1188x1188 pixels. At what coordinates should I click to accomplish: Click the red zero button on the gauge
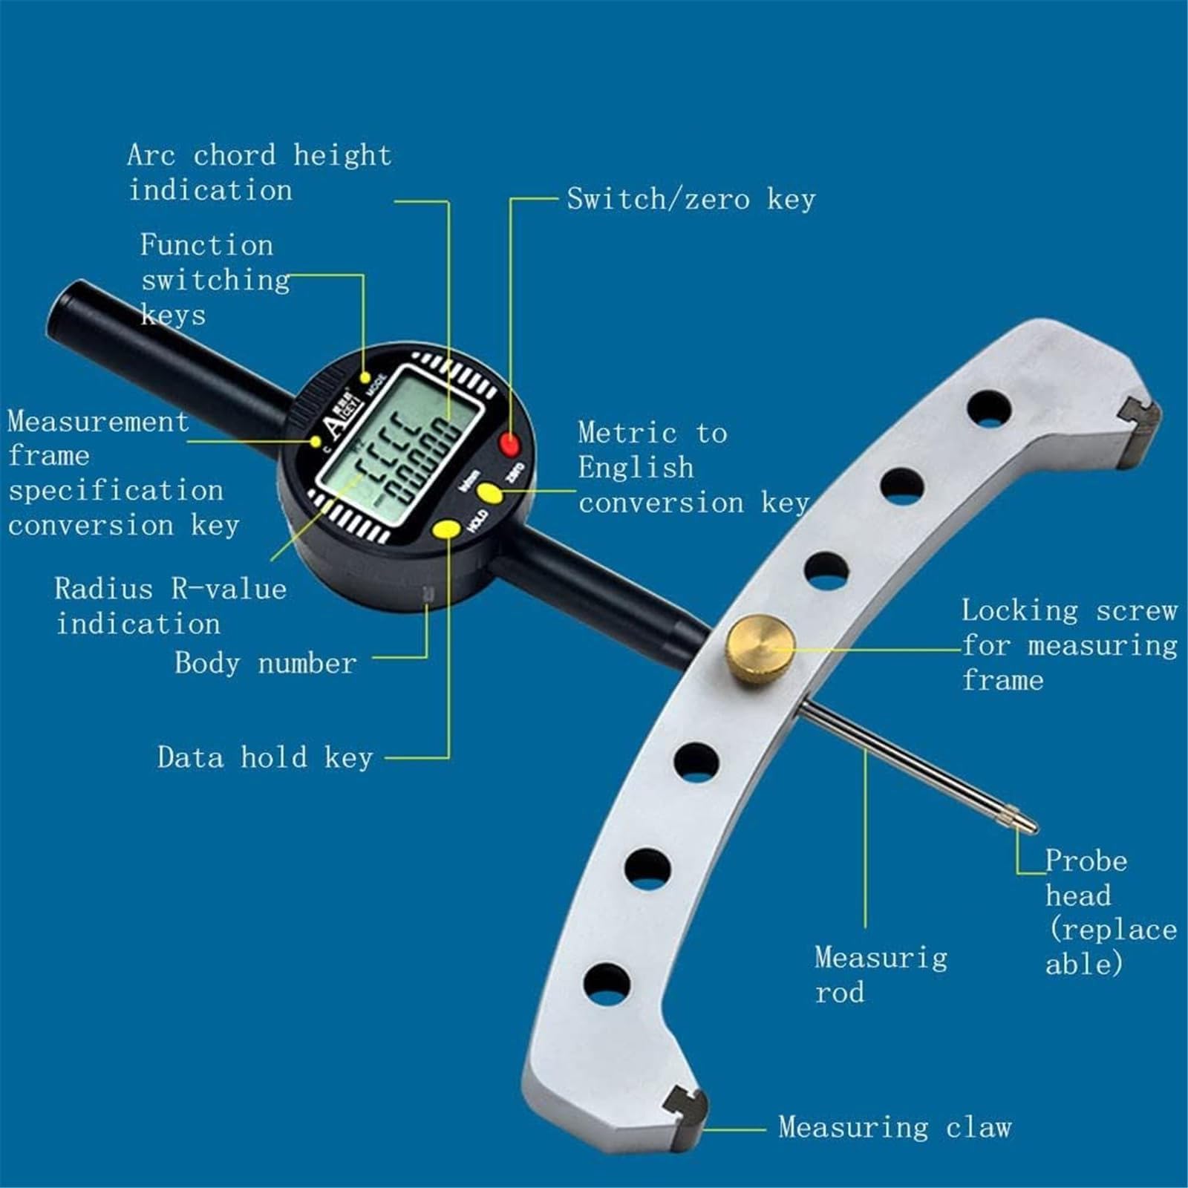point(509,444)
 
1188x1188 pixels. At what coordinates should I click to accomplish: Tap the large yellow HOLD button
point(447,529)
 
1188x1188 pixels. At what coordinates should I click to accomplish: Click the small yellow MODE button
point(365,378)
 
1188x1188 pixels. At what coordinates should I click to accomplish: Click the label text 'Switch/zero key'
point(691,199)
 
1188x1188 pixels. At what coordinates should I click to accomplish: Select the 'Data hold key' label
point(265,757)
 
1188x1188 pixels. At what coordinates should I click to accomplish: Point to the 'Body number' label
point(266,663)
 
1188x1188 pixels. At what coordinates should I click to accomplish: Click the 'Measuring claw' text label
point(895,1127)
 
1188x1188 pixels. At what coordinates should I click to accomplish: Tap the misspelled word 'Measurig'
point(881,958)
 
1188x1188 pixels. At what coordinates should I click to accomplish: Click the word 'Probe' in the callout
point(1086,862)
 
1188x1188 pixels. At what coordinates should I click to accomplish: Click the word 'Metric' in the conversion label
point(627,432)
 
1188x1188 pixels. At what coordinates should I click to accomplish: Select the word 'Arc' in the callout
point(151,155)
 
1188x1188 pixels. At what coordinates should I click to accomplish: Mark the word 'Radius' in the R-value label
point(103,589)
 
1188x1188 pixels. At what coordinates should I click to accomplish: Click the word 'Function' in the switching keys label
point(206,245)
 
